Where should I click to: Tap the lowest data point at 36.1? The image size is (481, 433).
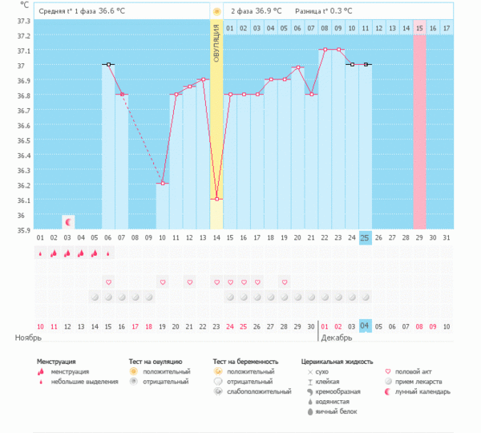click(x=216, y=199)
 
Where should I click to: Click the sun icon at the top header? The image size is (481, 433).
click(x=216, y=11)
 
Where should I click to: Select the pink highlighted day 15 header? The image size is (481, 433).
click(x=420, y=28)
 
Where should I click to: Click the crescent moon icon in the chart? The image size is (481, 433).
click(x=68, y=221)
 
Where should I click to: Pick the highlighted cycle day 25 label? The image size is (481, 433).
click(x=365, y=237)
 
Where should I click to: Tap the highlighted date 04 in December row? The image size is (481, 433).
click(x=365, y=326)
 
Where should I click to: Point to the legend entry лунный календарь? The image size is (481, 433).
click(x=428, y=391)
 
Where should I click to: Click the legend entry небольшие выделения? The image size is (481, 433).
click(x=81, y=382)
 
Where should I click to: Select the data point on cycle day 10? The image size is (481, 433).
click(x=162, y=184)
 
